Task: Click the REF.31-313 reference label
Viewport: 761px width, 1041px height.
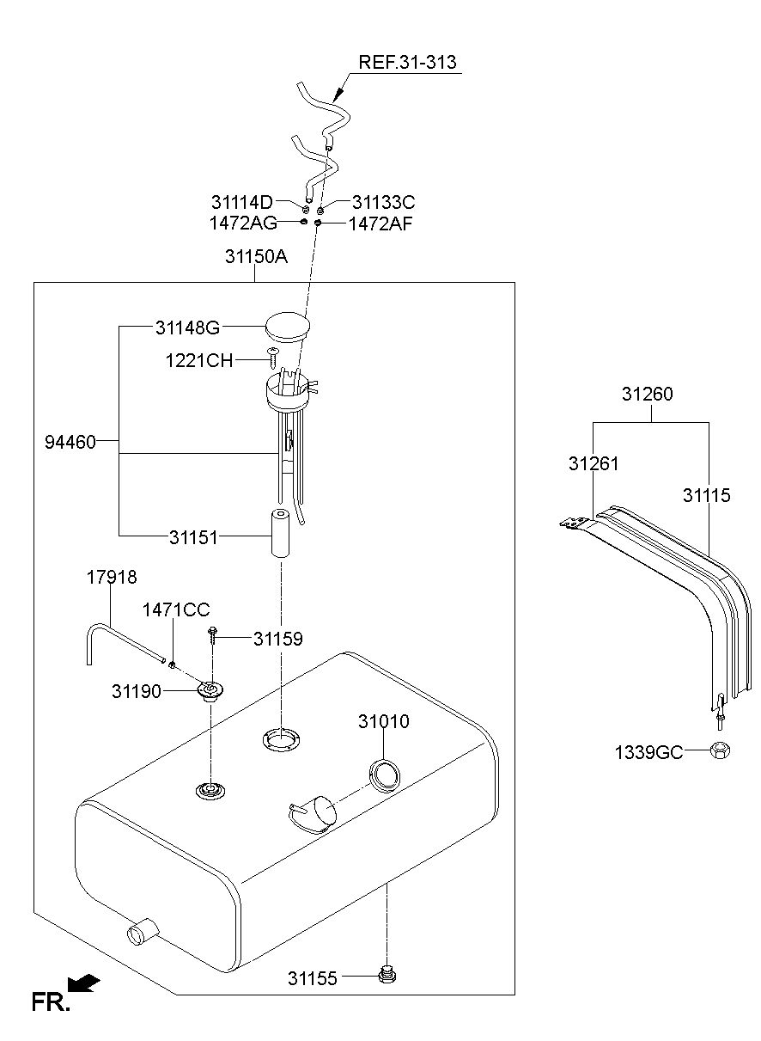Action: coord(407,62)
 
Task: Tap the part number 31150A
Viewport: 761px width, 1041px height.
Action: coord(256,256)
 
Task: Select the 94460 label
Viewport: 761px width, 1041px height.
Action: coord(70,442)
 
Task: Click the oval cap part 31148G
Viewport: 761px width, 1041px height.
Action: coord(288,327)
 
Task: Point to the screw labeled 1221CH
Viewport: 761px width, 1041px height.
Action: coord(272,358)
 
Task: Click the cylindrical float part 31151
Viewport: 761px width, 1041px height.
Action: coord(280,533)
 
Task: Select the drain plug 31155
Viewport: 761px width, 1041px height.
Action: coord(387,975)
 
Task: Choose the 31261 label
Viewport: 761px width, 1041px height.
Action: coord(594,464)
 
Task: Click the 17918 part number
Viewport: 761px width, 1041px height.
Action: coord(112,577)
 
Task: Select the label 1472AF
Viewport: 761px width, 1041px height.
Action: coord(380,224)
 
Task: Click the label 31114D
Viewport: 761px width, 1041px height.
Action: coord(242,203)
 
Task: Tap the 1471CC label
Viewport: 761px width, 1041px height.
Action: coord(176,610)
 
